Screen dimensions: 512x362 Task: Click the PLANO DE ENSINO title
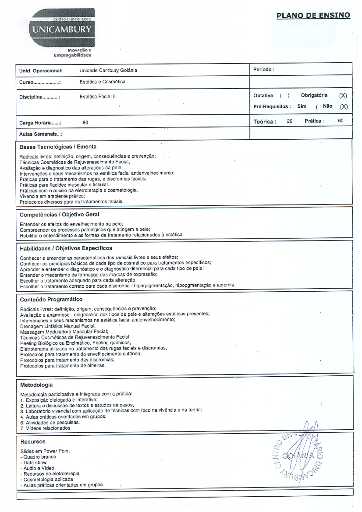(313, 15)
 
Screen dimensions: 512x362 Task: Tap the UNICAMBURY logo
(62, 30)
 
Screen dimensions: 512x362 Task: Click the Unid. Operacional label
(41, 71)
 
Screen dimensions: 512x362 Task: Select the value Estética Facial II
(97, 97)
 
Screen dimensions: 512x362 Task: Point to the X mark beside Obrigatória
(343, 96)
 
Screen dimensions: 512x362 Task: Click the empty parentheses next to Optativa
(284, 96)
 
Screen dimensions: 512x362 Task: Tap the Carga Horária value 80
(85, 122)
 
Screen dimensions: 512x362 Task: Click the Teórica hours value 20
(289, 121)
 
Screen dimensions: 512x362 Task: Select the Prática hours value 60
(341, 121)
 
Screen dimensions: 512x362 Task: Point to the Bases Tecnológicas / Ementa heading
(58, 147)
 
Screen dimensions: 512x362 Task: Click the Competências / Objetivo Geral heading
(59, 214)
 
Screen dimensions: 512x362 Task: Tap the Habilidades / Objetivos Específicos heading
(66, 248)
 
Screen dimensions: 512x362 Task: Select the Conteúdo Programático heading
(51, 299)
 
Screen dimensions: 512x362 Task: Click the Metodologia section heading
(36, 385)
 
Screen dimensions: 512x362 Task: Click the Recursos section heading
(33, 442)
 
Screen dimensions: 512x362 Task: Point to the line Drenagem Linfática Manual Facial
(58, 326)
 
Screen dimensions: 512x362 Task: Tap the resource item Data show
(35, 463)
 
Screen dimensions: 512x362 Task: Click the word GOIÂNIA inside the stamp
(298, 456)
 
